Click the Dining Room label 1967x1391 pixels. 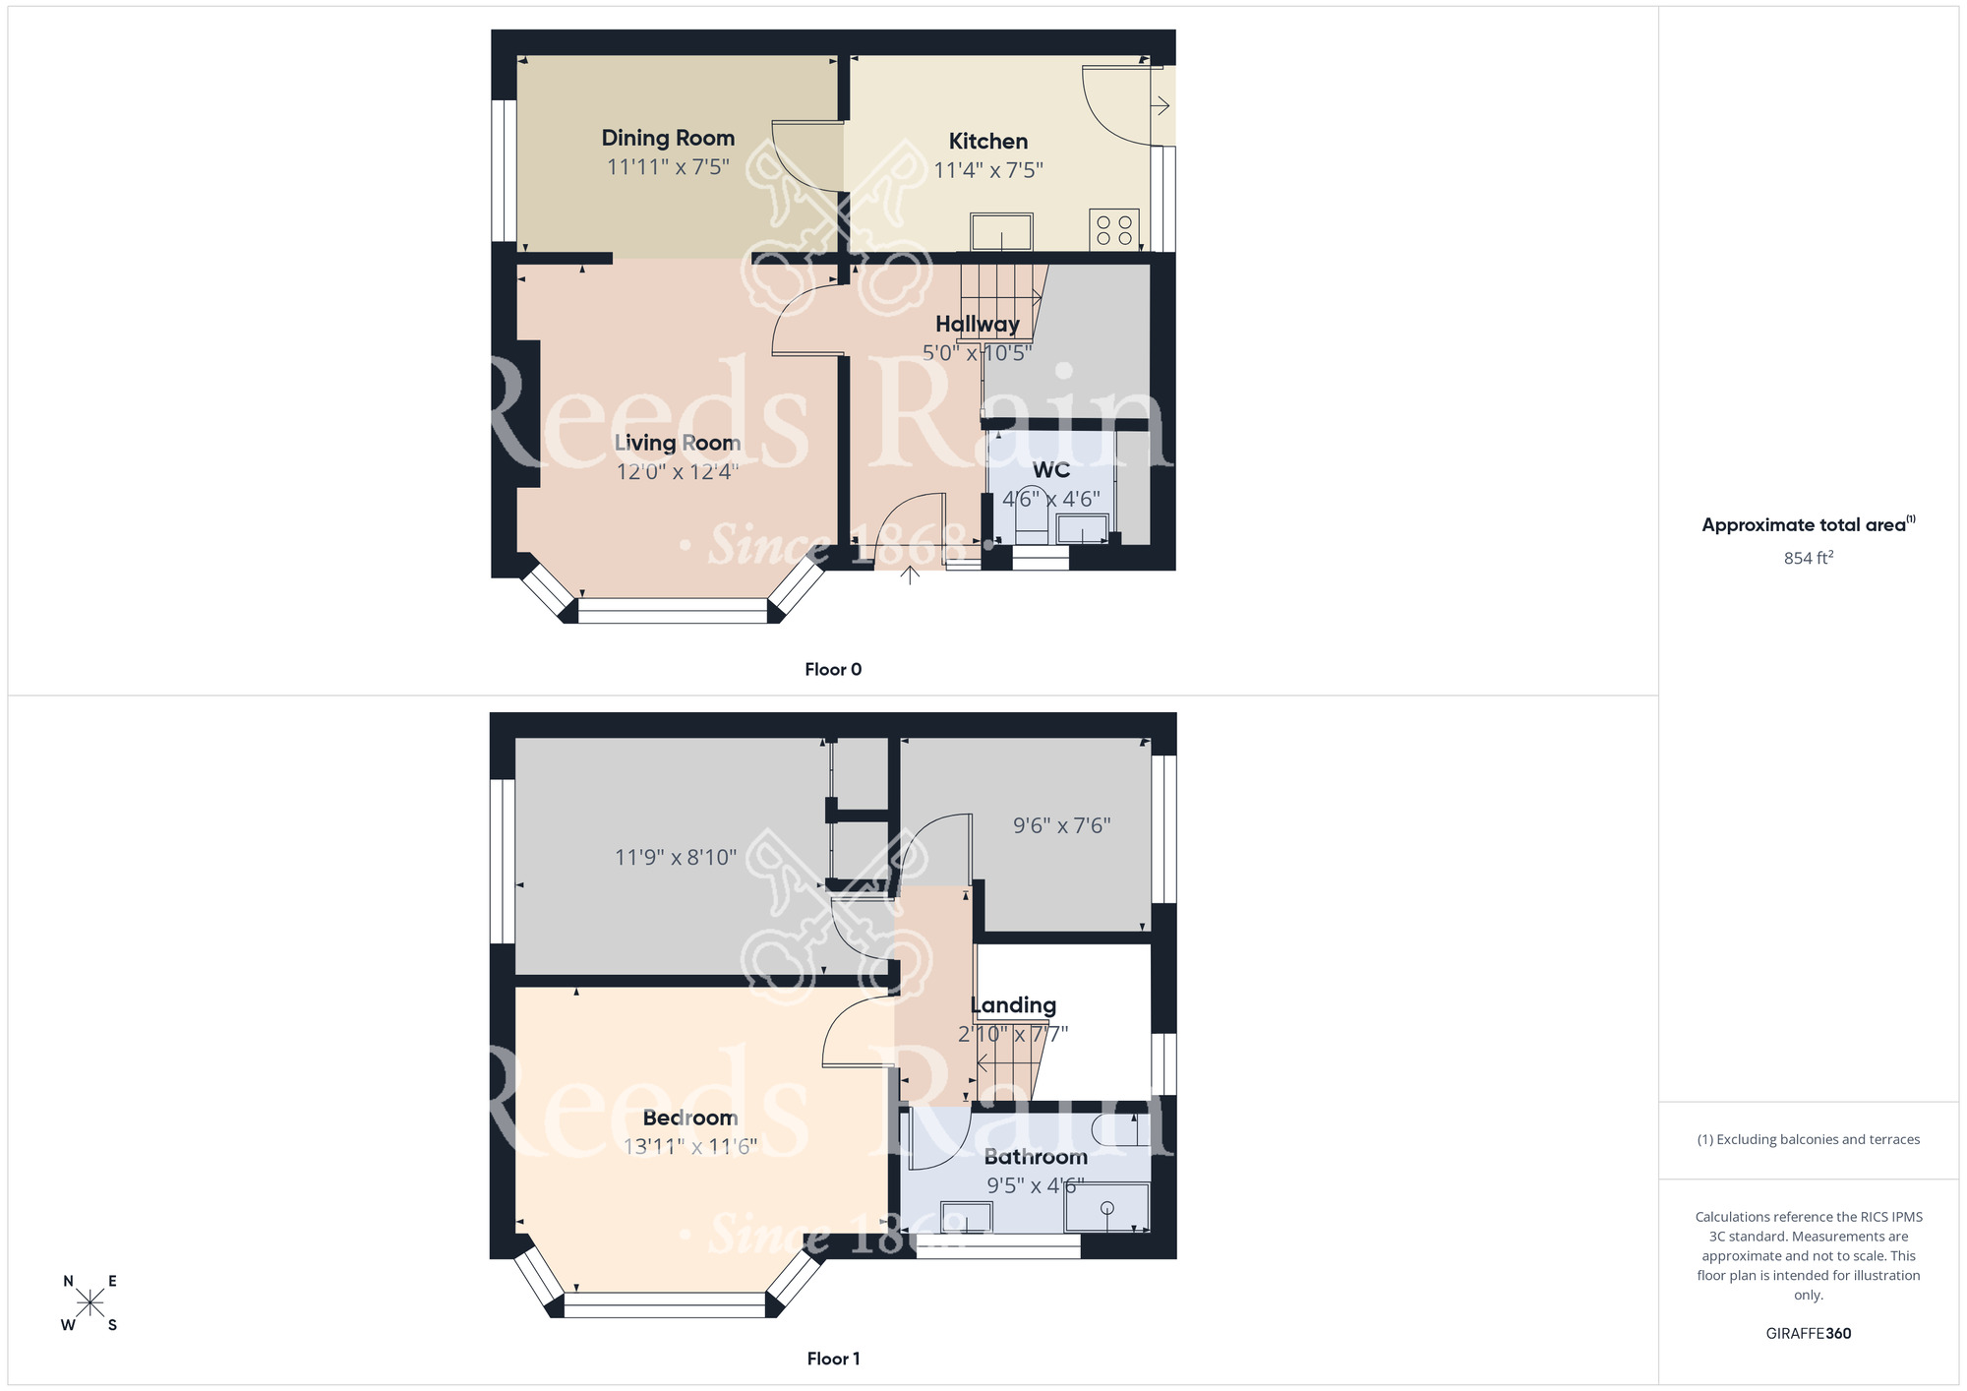pyautogui.click(x=668, y=138)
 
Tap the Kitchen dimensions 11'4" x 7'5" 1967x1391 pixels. pyautogui.click(x=987, y=170)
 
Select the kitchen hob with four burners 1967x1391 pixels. pyautogui.click(x=1113, y=230)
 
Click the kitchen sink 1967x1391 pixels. pyautogui.click(x=1001, y=232)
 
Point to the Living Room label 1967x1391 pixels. pyautogui.click(x=677, y=443)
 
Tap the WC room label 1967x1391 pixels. pyautogui.click(x=1050, y=470)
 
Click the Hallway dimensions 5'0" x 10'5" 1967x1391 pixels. pyautogui.click(x=977, y=352)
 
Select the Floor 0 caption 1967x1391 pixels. pyautogui.click(x=833, y=669)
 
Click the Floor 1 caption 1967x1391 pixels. pyautogui.click(x=833, y=1359)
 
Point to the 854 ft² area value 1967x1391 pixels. pyautogui.click(x=1808, y=558)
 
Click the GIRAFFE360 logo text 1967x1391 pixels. pyautogui.click(x=1808, y=1333)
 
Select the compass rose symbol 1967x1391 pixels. pyautogui.click(x=89, y=1303)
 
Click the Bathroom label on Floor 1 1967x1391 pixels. pyautogui.click(x=1036, y=1157)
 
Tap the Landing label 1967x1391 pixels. pyautogui.click(x=1013, y=1005)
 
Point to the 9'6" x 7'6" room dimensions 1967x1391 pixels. pyautogui.click(x=1061, y=825)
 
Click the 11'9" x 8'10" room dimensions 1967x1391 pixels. pyautogui.click(x=675, y=857)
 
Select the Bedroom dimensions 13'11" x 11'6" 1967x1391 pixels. pyautogui.click(x=689, y=1146)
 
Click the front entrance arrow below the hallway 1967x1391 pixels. pyautogui.click(x=910, y=574)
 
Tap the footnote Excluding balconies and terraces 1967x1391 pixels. pyautogui.click(x=1808, y=1139)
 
